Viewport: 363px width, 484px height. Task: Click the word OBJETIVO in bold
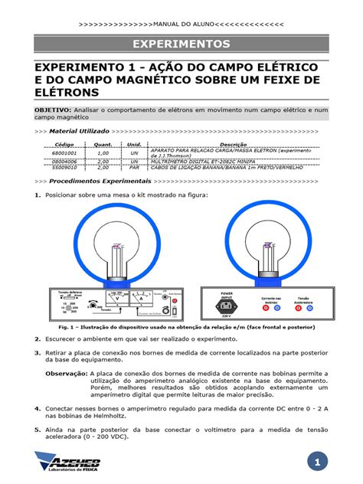pos(53,110)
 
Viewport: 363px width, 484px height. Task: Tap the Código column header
pos(64,144)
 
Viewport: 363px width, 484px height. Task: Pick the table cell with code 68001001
pos(64,153)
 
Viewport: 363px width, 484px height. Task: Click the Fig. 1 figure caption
pos(181,326)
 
